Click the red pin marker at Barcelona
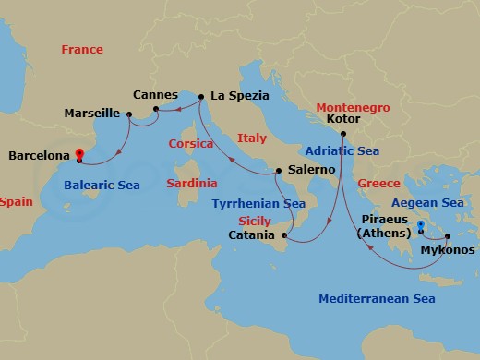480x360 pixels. [x=79, y=154]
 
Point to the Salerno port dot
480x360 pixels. [x=279, y=171]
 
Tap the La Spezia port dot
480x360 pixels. [x=201, y=96]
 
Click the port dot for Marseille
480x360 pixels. [x=129, y=114]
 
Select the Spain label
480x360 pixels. [x=16, y=201]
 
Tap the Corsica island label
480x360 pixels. [x=190, y=145]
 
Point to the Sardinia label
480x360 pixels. [x=191, y=184]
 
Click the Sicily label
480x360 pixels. [x=255, y=222]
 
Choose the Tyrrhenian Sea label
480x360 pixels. [x=258, y=203]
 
